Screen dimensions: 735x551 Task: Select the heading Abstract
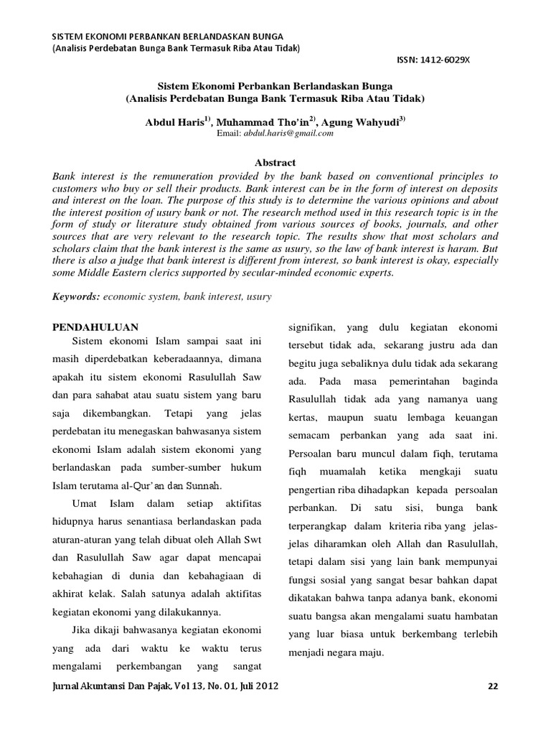[x=275, y=164]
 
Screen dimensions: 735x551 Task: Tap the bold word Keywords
[x=76, y=296]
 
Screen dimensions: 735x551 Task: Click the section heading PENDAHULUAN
[x=95, y=326]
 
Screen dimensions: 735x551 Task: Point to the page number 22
[x=492, y=686]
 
